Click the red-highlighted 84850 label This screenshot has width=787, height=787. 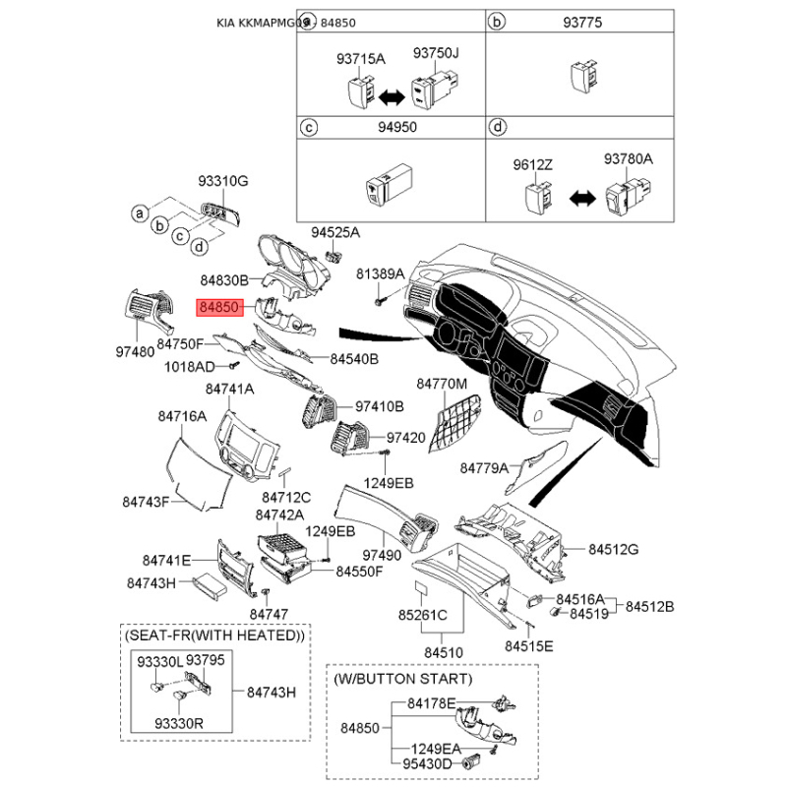pyautogui.click(x=219, y=308)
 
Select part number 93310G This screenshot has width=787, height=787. pyautogui.click(x=223, y=181)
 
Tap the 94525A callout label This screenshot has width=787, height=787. pyautogui.click(x=335, y=232)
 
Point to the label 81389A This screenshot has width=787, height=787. pyautogui.click(x=380, y=273)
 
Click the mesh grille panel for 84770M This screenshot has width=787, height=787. pyautogui.click(x=457, y=415)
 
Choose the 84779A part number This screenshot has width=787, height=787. pyautogui.click(x=484, y=467)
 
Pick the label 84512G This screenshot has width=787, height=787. pyautogui.click(x=614, y=548)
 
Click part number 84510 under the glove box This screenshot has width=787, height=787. pyautogui.click(x=444, y=651)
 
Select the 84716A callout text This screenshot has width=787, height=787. pyautogui.click(x=182, y=417)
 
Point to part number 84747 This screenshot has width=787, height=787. pyautogui.click(x=269, y=614)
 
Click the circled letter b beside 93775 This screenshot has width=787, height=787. pyautogui.click(x=498, y=21)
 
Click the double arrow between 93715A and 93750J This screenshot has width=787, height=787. pyautogui.click(x=393, y=95)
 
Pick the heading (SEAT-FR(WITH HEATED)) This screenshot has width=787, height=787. pyautogui.click(x=213, y=636)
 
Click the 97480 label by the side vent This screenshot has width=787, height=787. pyautogui.click(x=136, y=351)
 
